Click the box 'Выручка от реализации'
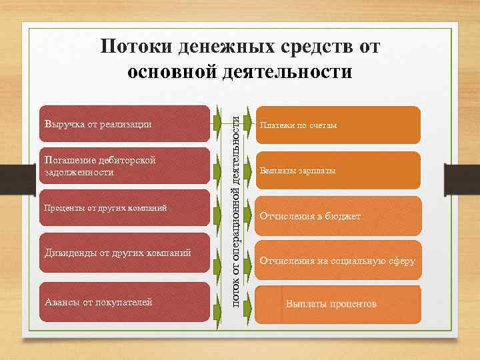point(124,124)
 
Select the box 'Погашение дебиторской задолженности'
point(124,167)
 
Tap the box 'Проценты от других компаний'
point(124,209)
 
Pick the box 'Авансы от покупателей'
point(124,302)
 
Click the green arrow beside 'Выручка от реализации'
point(217,124)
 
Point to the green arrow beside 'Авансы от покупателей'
point(217,302)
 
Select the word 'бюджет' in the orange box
point(343,217)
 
